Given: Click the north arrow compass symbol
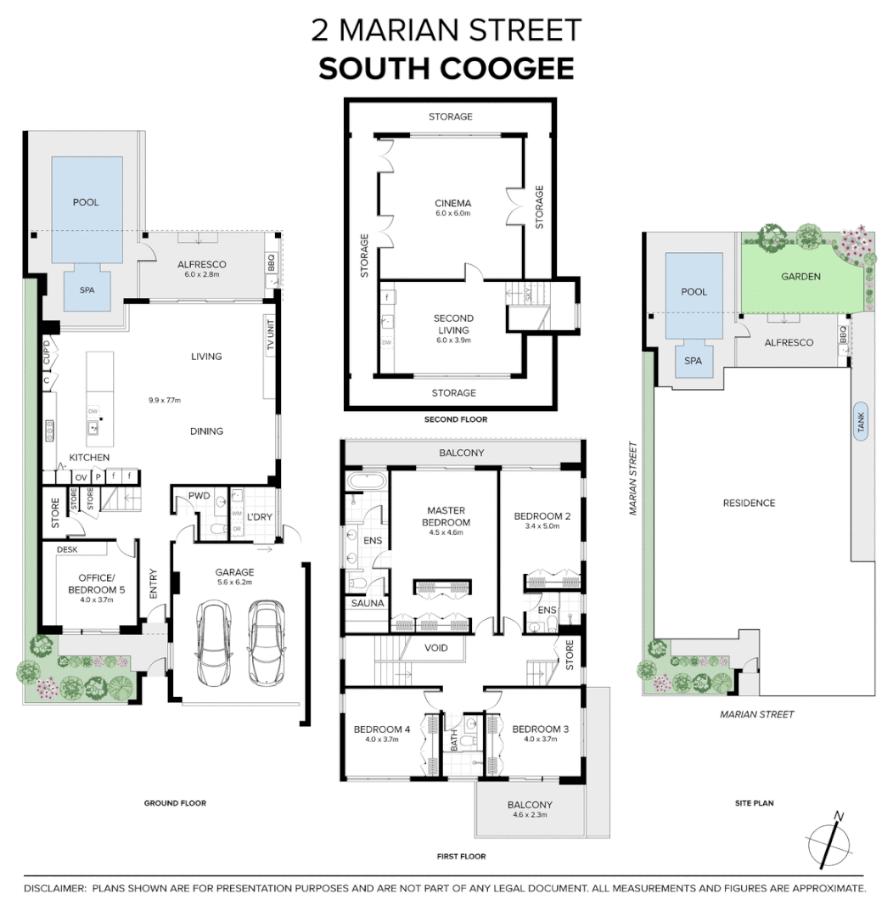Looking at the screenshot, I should coord(829,842).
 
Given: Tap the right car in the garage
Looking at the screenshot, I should coord(266,644).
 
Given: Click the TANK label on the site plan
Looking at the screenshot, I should coord(861,421).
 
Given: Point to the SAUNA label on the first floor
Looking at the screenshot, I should coord(366,604).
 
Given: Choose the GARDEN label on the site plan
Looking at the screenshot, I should coord(800,276).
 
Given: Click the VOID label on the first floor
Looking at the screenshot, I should coord(436,649).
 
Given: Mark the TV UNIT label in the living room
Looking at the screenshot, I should coord(272,335).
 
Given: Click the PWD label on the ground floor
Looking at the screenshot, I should coord(199,495).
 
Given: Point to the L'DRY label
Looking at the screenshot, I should coord(259,517).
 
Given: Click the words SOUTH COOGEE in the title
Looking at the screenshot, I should coord(446,69).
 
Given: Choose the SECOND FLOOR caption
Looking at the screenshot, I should coord(456,419).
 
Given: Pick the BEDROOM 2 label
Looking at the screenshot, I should coord(542,516).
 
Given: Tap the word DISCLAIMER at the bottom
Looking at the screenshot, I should coord(54,889).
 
